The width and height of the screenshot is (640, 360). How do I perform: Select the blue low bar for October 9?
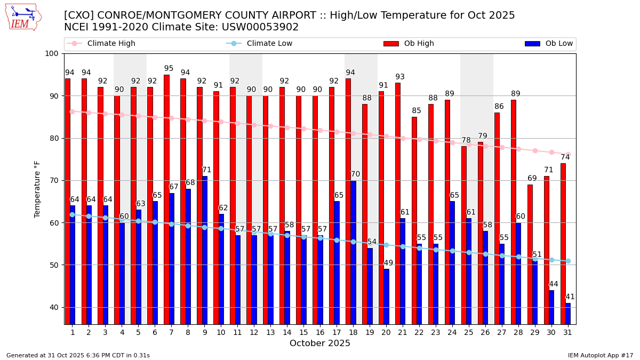pos(205,250)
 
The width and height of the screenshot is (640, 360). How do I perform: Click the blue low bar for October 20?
pos(386,297)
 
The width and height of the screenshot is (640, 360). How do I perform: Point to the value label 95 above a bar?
pos(169,69)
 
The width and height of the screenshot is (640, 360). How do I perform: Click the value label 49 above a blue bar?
pos(388,263)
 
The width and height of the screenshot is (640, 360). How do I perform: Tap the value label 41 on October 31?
pos(570,297)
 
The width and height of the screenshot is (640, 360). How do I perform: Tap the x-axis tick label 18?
pos(353,332)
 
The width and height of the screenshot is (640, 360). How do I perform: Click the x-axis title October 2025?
pos(320,343)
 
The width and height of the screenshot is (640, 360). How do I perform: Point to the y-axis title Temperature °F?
pos(37,189)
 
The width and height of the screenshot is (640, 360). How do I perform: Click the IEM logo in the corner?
pos(23,18)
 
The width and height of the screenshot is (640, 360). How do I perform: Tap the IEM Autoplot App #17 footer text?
pos(600,355)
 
